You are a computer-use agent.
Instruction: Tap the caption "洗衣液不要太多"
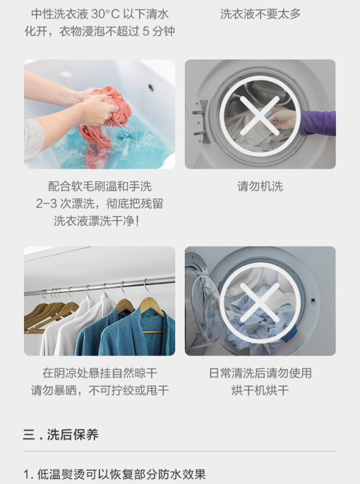pyautogui.click(x=260, y=14)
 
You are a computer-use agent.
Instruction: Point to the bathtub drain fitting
pyautogui.click(x=151, y=87)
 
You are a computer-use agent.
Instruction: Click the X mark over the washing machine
pyautogui.click(x=260, y=116)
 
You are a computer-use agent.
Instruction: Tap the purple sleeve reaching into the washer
pyautogui.click(x=318, y=123)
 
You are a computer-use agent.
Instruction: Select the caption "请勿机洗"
pyautogui.click(x=260, y=187)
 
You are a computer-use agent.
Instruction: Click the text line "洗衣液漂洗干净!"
pyautogui.click(x=96, y=221)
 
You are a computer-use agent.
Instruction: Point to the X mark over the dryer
pyautogui.click(x=260, y=303)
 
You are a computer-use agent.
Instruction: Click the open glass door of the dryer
pyautogui.click(x=203, y=303)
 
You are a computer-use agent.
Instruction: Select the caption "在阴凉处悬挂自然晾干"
pyautogui.click(x=100, y=373)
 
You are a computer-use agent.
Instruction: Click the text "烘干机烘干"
pyautogui.click(x=260, y=390)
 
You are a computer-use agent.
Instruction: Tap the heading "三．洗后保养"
pyautogui.click(x=61, y=435)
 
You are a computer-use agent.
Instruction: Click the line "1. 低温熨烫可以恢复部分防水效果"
pyautogui.click(x=115, y=474)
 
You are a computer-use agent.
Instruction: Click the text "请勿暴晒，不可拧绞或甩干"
pyautogui.click(x=100, y=390)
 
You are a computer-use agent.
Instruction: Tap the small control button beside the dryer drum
pyautogui.click(x=313, y=300)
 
